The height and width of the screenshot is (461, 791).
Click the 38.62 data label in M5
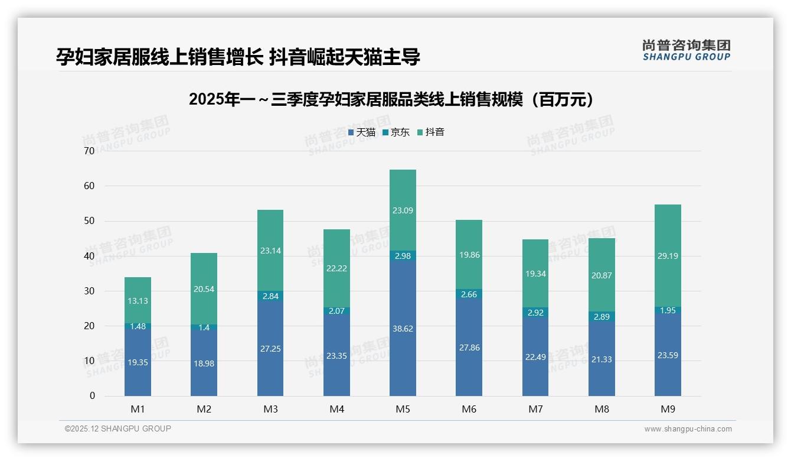(403, 329)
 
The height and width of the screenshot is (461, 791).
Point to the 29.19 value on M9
(668, 256)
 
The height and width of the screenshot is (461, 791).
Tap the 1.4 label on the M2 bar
(204, 327)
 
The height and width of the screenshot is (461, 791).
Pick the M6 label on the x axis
(469, 409)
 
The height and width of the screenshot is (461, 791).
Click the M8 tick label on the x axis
(602, 409)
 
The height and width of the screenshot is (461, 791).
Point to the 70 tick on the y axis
(89, 151)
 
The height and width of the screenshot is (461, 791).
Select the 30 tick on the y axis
(89, 291)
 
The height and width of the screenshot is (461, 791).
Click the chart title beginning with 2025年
(391, 99)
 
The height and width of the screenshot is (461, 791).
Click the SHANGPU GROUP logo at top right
(686, 50)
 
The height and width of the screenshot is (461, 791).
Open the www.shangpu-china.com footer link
(688, 429)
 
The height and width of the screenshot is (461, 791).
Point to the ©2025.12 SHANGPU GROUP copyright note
(118, 429)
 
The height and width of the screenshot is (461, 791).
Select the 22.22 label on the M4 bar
(336, 268)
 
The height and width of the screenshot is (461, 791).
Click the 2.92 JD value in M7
(535, 313)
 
